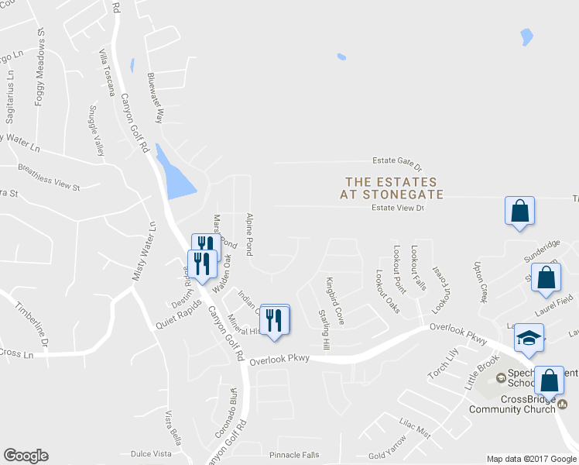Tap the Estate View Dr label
[x=399, y=208]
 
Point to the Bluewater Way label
[x=157, y=98]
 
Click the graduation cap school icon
[x=529, y=338]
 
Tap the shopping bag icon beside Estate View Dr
[x=519, y=211]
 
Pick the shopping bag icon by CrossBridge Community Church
[x=548, y=381]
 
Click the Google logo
[x=26, y=456]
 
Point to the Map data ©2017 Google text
[x=531, y=459]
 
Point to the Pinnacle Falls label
[x=293, y=454]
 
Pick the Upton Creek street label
[x=481, y=281]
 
